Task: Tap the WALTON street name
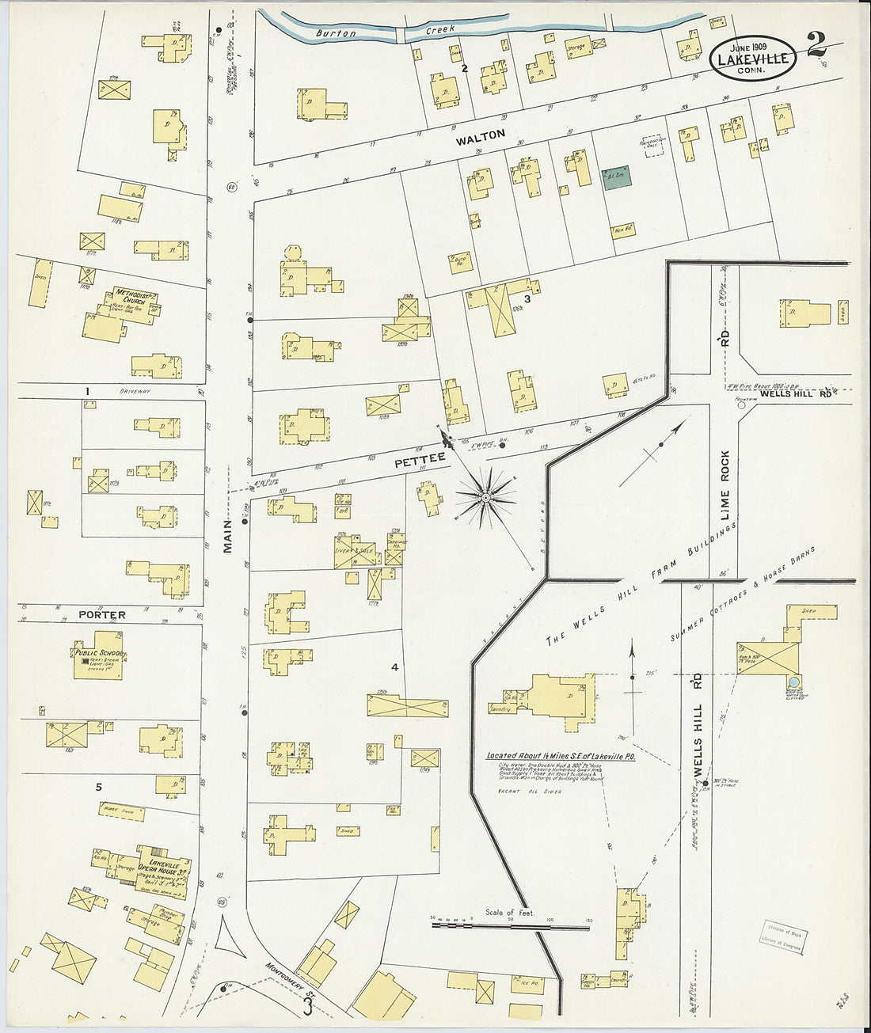pos(480,136)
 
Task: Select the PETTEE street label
pos(420,458)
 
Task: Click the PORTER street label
pos(101,614)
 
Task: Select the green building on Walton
pos(616,178)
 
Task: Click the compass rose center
pos(485,497)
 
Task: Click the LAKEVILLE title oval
pos(752,58)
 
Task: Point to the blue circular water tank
pos(794,682)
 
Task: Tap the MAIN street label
pos(227,536)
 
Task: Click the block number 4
pos(394,667)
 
